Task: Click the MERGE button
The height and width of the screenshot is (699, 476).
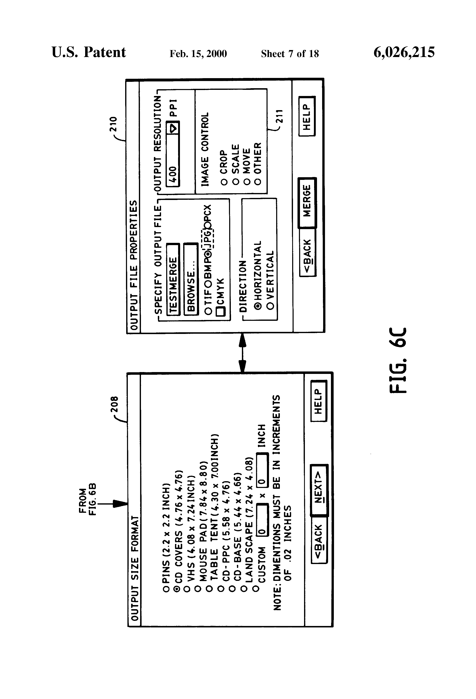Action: pyautogui.click(x=307, y=202)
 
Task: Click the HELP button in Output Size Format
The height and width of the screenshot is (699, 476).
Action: pyautogui.click(x=319, y=401)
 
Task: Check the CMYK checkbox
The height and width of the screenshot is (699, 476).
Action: pyautogui.click(x=221, y=311)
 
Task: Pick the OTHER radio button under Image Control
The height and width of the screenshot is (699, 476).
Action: pyautogui.click(x=258, y=182)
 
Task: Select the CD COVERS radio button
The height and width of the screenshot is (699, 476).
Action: pyautogui.click(x=177, y=589)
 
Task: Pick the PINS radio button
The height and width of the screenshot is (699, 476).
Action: pyautogui.click(x=166, y=589)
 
